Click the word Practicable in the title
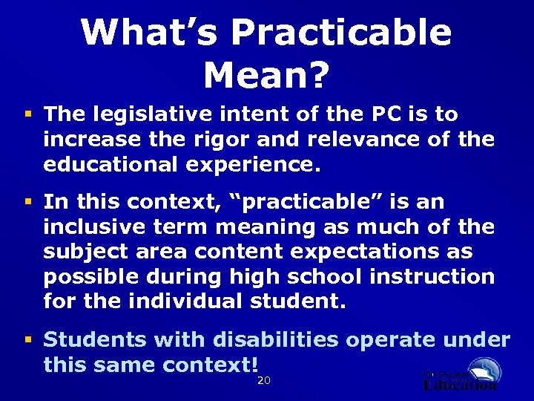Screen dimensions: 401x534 341,33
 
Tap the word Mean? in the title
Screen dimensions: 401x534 266,74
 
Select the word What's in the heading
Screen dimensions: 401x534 148,33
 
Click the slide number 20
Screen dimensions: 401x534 263,381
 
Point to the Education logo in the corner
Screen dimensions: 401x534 461,375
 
